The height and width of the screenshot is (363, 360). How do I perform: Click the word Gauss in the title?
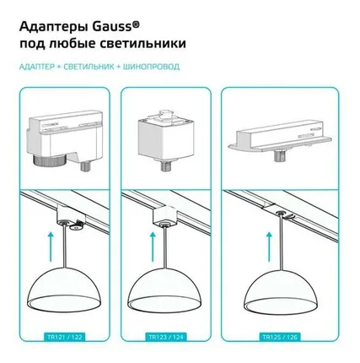[x=112, y=27]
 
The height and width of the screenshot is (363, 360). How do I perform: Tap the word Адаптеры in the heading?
[x=54, y=28]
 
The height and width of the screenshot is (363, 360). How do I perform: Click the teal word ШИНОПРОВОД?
[x=151, y=67]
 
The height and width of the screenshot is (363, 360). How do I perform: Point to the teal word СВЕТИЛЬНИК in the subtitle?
[x=89, y=67]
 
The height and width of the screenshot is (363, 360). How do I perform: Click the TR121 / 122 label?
[x=64, y=337]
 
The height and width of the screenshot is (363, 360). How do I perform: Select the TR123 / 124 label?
[x=166, y=337]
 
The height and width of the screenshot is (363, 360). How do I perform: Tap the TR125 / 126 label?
[x=280, y=337]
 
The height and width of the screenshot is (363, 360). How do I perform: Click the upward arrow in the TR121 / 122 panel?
[x=51, y=247]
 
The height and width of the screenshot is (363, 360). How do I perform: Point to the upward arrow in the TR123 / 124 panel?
[x=153, y=247]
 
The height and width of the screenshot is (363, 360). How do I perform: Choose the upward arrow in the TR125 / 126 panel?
[x=270, y=247]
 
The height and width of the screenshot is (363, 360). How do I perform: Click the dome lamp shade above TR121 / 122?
[x=65, y=293]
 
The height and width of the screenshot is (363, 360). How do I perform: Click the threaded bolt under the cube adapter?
[x=164, y=166]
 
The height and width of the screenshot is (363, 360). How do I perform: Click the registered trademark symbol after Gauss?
[x=136, y=24]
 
